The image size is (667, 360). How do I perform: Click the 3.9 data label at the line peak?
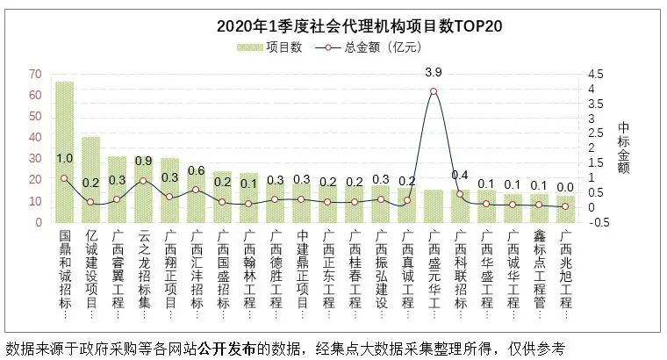click(433, 71)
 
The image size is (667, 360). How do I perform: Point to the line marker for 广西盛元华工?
click(434, 91)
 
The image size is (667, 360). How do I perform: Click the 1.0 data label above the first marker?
click(64, 159)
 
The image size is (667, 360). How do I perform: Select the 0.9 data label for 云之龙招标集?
click(143, 162)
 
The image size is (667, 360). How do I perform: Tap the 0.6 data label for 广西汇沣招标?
click(196, 170)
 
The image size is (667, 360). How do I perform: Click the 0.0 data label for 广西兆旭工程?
click(565, 187)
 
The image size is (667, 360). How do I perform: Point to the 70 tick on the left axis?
click(36, 73)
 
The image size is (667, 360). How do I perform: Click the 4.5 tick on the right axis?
click(596, 73)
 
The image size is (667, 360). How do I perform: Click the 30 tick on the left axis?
click(36, 159)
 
